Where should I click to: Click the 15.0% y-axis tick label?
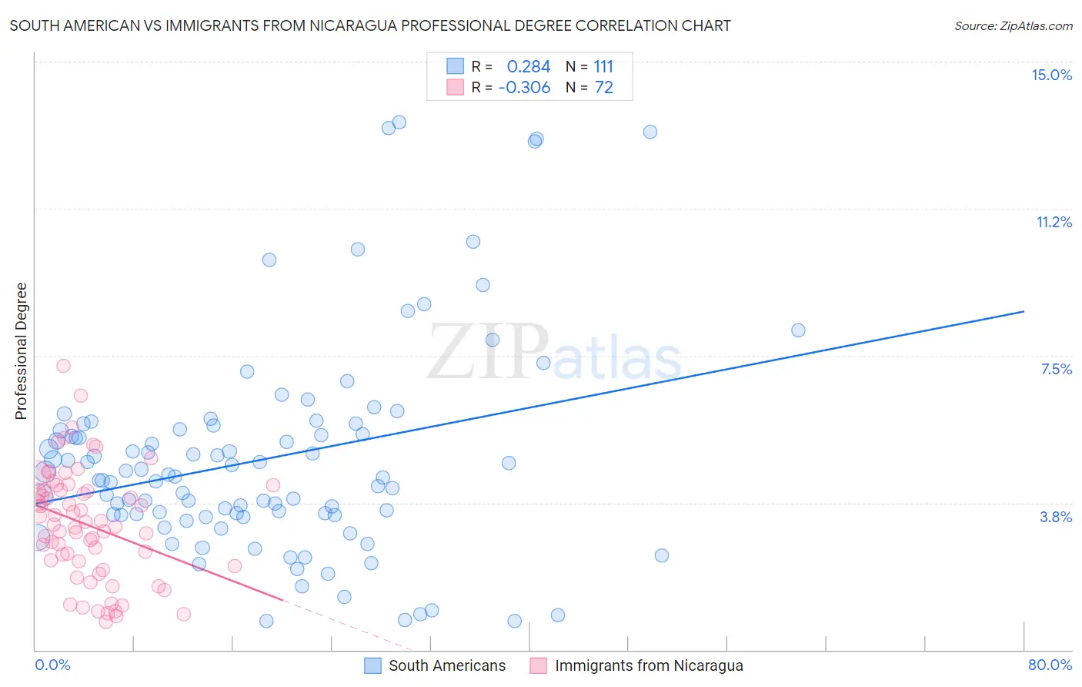click(1051, 75)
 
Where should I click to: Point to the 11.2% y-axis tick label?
click(1054, 222)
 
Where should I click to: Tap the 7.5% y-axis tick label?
click(1056, 369)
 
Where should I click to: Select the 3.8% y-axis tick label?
click(1056, 517)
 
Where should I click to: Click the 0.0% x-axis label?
click(52, 665)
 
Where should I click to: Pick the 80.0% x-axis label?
click(1050, 665)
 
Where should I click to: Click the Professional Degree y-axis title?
click(21, 351)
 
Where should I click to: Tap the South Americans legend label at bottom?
click(447, 665)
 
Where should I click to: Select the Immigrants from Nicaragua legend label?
click(649, 665)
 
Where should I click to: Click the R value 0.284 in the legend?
click(529, 66)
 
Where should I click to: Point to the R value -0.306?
click(524, 87)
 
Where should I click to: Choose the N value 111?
click(603, 66)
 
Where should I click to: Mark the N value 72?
click(603, 87)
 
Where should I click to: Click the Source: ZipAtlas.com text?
click(1013, 25)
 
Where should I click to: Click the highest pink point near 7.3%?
click(63, 366)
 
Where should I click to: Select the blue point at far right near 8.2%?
click(798, 330)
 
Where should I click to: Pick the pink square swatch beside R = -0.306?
click(456, 87)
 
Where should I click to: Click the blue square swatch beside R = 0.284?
click(456, 66)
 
